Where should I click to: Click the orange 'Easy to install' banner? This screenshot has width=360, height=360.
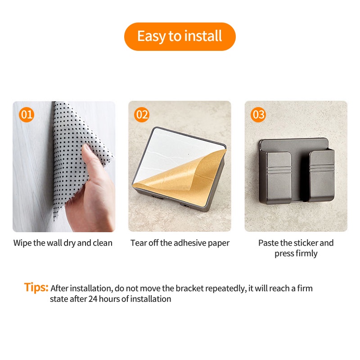[x=180, y=36]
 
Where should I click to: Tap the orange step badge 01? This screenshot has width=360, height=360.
[x=27, y=115]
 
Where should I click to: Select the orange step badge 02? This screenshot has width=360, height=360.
[x=142, y=115]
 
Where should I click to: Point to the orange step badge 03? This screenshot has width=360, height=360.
[x=258, y=115]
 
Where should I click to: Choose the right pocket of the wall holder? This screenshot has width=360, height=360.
[x=321, y=175]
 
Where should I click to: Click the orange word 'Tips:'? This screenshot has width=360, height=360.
[x=36, y=288]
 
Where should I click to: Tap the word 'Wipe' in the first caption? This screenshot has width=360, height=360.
[x=22, y=243]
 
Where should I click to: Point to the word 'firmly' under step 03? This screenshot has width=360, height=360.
[x=306, y=253]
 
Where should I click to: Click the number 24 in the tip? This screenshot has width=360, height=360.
[x=93, y=299]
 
